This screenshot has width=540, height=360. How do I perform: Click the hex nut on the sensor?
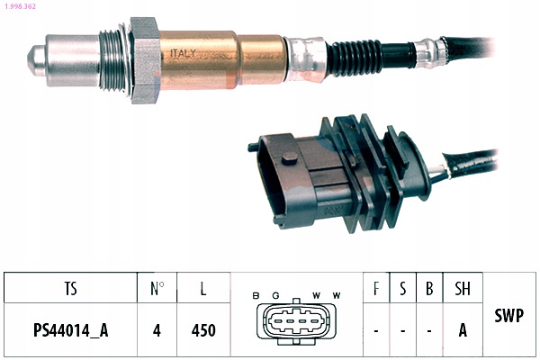click(144, 58)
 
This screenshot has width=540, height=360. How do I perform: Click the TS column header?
click(70, 289)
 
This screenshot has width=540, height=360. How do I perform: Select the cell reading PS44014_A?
click(70, 329)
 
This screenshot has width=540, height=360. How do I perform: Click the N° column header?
click(157, 289)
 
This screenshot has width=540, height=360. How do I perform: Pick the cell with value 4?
click(157, 329)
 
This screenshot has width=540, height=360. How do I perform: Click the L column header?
click(203, 289)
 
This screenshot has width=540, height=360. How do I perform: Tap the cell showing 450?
click(203, 329)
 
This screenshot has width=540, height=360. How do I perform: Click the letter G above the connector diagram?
click(277, 295)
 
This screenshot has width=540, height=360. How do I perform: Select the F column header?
click(375, 289)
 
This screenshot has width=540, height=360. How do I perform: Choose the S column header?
click(402, 289)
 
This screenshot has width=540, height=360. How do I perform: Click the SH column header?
click(463, 289)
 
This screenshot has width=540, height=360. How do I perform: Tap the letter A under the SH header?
click(463, 329)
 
